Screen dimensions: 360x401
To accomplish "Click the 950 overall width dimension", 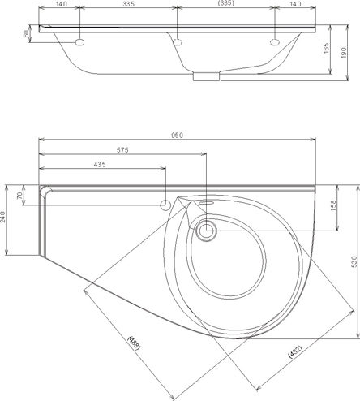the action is pyautogui.click(x=177, y=135).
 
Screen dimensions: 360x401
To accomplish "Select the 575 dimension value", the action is pyautogui.click(x=122, y=150).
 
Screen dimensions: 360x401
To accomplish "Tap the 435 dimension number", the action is pyautogui.click(x=100, y=164).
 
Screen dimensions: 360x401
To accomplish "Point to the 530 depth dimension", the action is pyautogui.click(x=354, y=261).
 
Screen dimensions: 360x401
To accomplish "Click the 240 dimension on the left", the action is pyautogui.click(x=3, y=217).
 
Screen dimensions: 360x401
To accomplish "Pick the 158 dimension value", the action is pyautogui.click(x=333, y=205).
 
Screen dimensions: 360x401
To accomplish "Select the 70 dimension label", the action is pyautogui.click(x=19, y=196).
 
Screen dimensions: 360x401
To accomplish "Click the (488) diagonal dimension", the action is pyautogui.click(x=134, y=343).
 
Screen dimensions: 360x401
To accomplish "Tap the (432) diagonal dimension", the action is pyautogui.click(x=295, y=351).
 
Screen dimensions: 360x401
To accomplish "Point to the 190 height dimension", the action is pyautogui.click(x=344, y=53).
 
